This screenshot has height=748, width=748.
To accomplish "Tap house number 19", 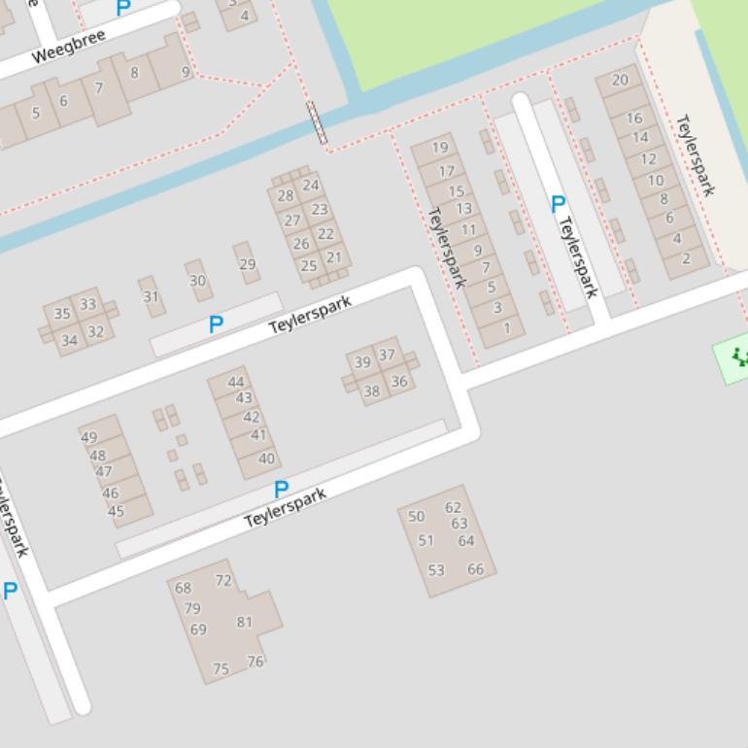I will pyautogui.click(x=440, y=148).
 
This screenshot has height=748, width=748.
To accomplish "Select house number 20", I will pyautogui.click(x=620, y=80).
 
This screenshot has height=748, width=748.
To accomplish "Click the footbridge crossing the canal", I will pyautogui.click(x=317, y=122).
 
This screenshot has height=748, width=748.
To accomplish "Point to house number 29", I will pyautogui.click(x=247, y=264).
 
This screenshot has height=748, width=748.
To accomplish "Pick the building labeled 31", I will pyautogui.click(x=151, y=296).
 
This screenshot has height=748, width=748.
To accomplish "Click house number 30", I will pyautogui.click(x=198, y=281).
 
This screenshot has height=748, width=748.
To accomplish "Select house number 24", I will pyautogui.click(x=311, y=185).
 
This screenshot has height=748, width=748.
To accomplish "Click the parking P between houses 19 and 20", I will pyautogui.click(x=558, y=204).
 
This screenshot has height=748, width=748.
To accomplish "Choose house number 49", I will pyautogui.click(x=89, y=437).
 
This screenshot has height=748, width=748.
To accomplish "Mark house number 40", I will pyautogui.click(x=266, y=459).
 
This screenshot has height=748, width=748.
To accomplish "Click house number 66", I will pyautogui.click(x=475, y=569).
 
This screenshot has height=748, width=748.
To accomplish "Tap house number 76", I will pyautogui.click(x=255, y=662).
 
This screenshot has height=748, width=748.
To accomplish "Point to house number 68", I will pyautogui.click(x=183, y=588).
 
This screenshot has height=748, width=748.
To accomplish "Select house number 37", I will pyautogui.click(x=387, y=355).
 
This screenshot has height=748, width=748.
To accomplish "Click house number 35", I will pyautogui.click(x=62, y=314).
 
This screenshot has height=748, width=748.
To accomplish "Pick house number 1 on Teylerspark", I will pyautogui.click(x=506, y=328).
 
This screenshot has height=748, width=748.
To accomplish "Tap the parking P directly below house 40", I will pyautogui.click(x=281, y=489).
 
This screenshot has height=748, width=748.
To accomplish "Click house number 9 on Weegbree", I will pyautogui.click(x=186, y=72).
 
